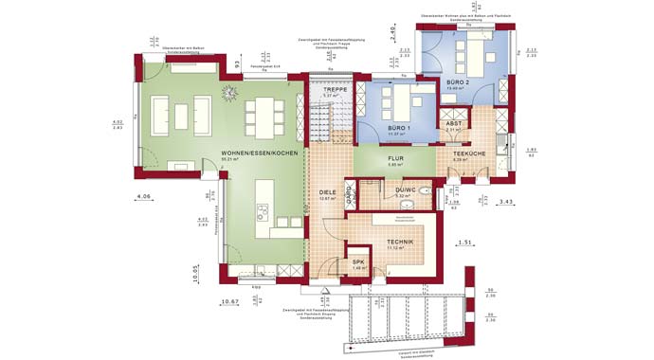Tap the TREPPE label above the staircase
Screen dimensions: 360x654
(332, 88)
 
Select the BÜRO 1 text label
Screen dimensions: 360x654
(397, 126)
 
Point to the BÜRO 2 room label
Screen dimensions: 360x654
(458, 82)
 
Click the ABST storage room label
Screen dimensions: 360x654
(454, 122)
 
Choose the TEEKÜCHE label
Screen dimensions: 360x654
(469, 153)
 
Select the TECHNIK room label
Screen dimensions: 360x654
(398, 243)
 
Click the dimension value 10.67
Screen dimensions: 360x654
(229, 302)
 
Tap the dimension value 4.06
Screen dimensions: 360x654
(144, 196)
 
